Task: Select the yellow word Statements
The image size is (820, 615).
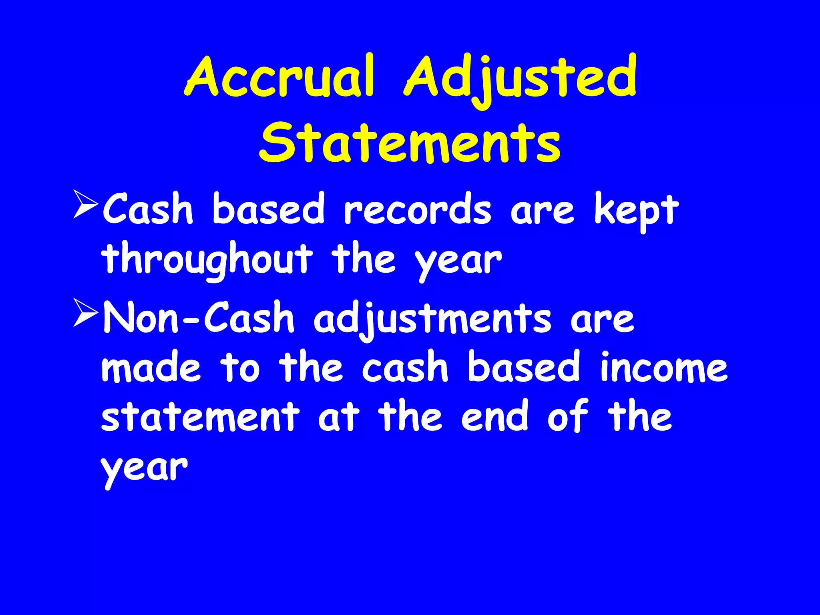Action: tap(410, 143)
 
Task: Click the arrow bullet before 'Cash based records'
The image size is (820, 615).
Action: tap(85, 205)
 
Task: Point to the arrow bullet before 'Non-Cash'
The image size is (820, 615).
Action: tap(85, 314)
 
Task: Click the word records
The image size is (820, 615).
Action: tap(417, 210)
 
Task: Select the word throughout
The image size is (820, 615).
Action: tap(207, 260)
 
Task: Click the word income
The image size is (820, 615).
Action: tap(663, 368)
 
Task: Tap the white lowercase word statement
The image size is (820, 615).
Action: tap(200, 417)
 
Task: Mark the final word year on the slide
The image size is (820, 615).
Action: tap(144, 468)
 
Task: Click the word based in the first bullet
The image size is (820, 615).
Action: tap(268, 210)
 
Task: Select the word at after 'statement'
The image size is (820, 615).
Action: tap(338, 417)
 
